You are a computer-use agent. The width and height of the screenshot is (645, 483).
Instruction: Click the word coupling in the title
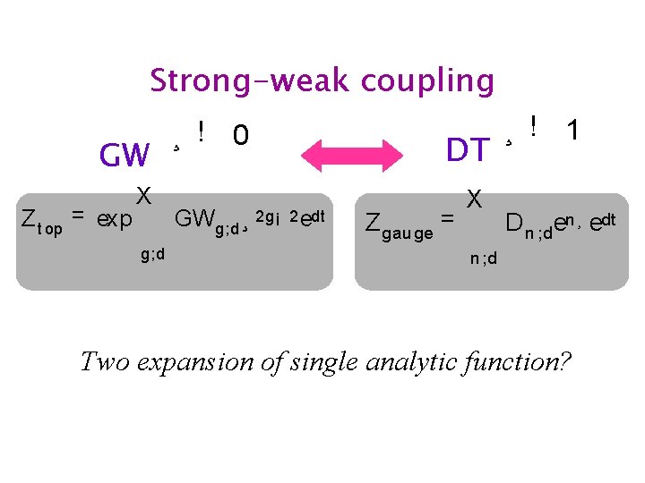pyautogui.click(x=426, y=81)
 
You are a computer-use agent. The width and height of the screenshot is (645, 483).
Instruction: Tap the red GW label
pyautogui.click(x=125, y=156)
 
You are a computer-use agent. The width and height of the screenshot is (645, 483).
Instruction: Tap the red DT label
pyautogui.click(x=468, y=150)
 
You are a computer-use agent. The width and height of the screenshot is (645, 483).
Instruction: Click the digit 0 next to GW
pyautogui.click(x=240, y=136)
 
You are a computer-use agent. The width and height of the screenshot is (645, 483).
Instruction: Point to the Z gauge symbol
pyautogui.click(x=400, y=225)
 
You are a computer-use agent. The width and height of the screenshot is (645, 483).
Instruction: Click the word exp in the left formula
pyautogui.click(x=114, y=217)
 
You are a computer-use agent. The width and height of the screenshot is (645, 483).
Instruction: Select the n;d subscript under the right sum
pyautogui.click(x=484, y=259)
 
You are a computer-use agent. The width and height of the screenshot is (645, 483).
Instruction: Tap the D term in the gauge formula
pyautogui.click(x=514, y=221)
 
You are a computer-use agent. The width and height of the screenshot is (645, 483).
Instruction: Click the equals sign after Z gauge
pyautogui.click(x=447, y=217)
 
